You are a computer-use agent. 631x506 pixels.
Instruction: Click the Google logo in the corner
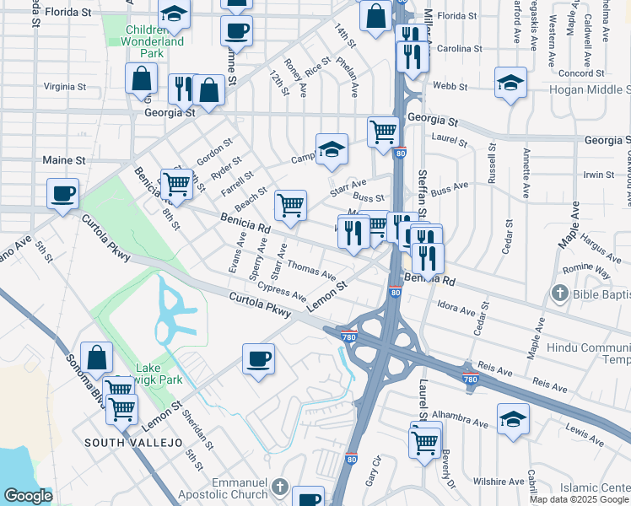(x=28, y=497)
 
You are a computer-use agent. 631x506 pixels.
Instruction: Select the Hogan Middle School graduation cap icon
(x=510, y=83)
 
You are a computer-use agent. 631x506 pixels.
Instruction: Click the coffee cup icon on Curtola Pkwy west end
(x=62, y=194)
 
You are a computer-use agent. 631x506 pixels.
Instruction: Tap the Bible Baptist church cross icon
(x=558, y=293)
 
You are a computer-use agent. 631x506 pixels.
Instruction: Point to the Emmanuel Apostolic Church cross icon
(x=279, y=488)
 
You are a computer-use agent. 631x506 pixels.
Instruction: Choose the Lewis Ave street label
(x=585, y=435)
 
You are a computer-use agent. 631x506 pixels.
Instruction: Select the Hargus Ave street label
(x=601, y=248)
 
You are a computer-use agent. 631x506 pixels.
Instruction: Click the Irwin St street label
(x=598, y=175)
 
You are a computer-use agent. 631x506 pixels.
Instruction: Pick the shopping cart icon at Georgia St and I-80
(x=384, y=132)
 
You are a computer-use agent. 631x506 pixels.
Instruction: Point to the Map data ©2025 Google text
(x=580, y=499)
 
